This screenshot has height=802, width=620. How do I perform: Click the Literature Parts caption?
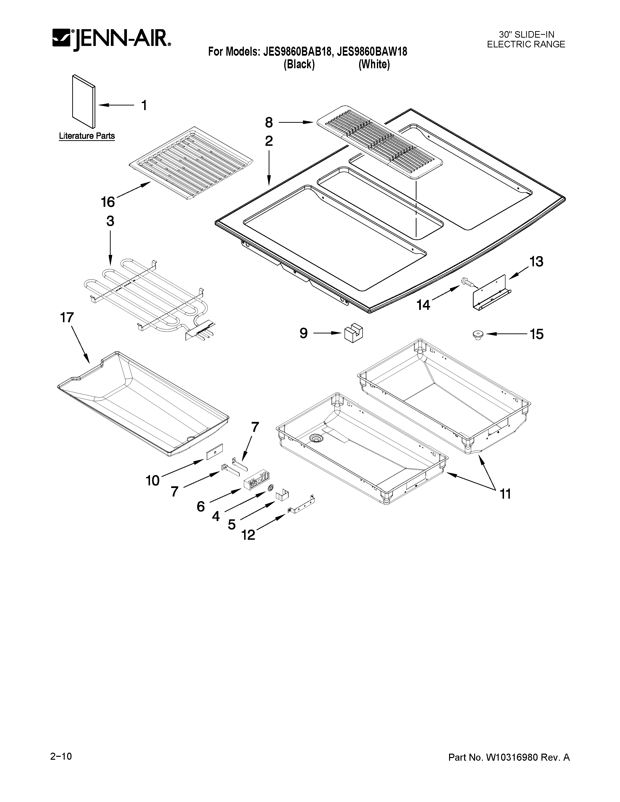pos(87,136)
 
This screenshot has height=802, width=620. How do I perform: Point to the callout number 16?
pos(108,202)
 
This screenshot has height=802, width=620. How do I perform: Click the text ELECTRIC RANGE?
pos(526,44)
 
